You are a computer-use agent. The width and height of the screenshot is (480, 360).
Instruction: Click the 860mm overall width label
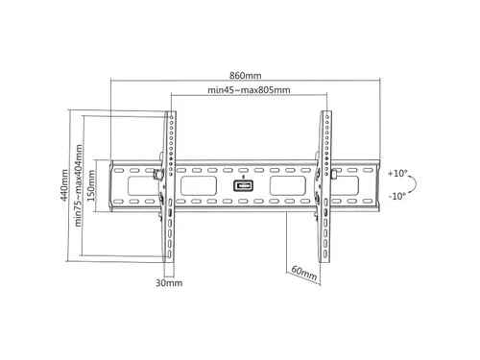click(x=246, y=76)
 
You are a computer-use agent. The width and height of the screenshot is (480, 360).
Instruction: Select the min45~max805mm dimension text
click(x=249, y=90)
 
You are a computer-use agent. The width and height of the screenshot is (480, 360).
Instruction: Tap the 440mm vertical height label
click(x=64, y=185)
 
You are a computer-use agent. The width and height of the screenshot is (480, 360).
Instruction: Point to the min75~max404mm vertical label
click(x=78, y=185)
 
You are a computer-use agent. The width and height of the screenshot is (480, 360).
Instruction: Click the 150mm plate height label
click(x=91, y=185)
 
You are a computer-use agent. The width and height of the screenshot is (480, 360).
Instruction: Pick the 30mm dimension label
click(x=169, y=283)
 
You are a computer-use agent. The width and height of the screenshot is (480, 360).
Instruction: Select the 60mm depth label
click(x=304, y=273)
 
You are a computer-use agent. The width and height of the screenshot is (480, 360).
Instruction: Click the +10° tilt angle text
click(x=397, y=174)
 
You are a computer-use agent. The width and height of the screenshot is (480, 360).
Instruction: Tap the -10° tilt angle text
click(x=397, y=196)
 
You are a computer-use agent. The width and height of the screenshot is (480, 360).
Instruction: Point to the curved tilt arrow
click(x=416, y=185)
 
